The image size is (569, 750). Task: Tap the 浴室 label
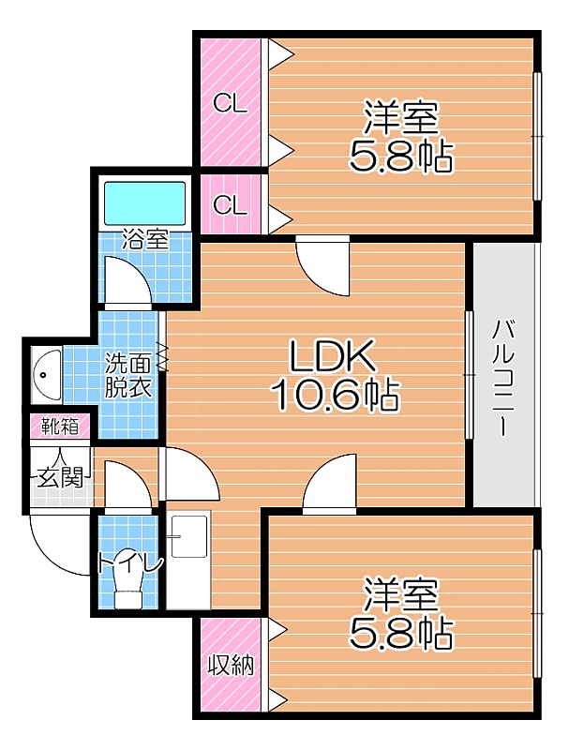pos(145,240)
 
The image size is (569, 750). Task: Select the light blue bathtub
pos(144,202)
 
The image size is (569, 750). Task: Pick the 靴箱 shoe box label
pos(60,426)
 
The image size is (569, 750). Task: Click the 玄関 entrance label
pos(60,477)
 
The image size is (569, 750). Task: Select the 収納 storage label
pos(231,665)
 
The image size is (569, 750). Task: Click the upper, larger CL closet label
pos(230,103)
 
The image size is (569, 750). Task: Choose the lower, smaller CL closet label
pos(230,205)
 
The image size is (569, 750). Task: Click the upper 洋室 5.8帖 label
pos(400,136)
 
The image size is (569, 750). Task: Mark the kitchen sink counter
pos(188,560)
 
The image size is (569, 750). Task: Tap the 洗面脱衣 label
pos(128,376)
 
